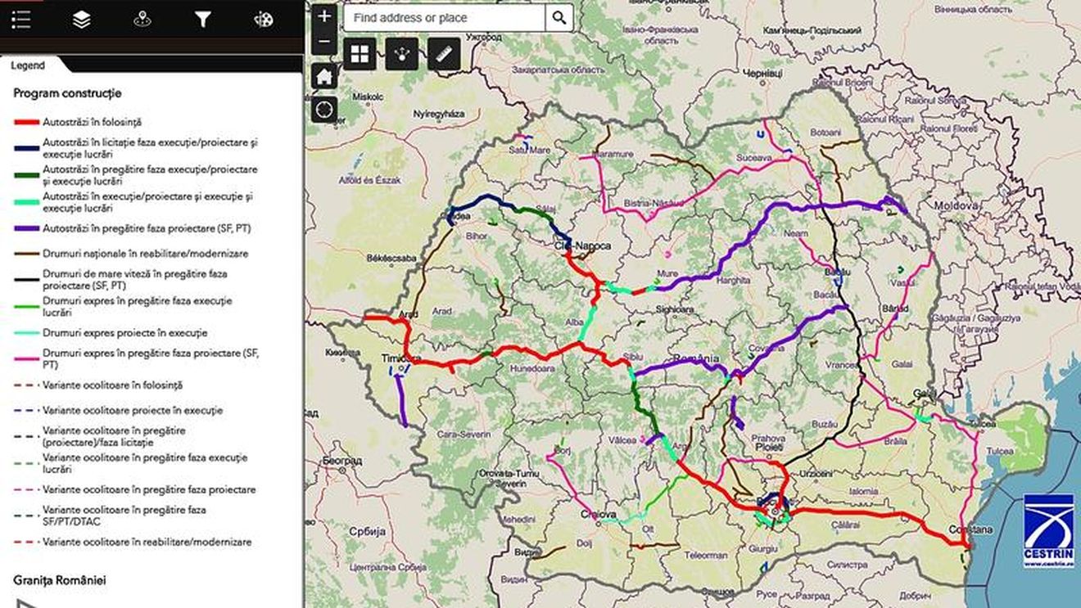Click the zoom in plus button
324,16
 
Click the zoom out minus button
324,41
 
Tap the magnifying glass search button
559,17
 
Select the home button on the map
324,77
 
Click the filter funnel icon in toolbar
202,20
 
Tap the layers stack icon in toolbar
81,20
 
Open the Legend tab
28,65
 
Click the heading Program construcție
67,93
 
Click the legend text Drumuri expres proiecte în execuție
124,333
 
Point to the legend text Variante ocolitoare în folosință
112,385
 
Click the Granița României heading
60,579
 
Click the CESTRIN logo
1048,529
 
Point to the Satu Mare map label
529,150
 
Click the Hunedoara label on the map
532,368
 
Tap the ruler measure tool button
444,54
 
